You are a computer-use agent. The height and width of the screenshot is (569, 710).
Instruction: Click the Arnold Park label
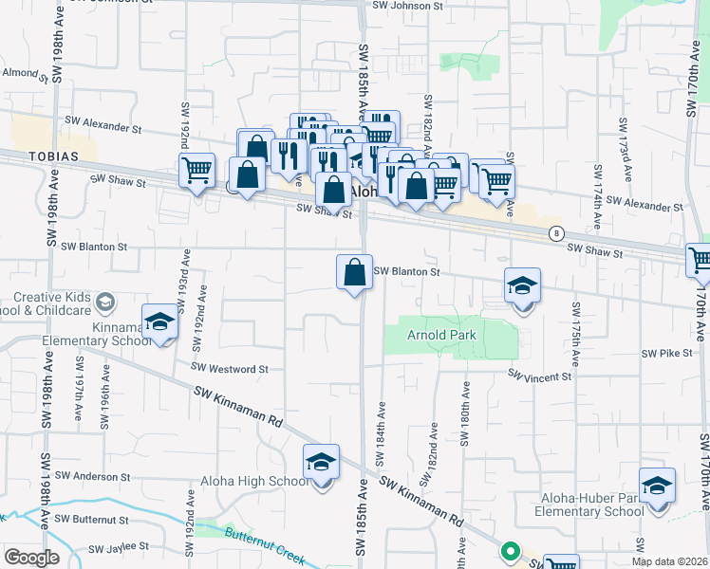[441, 335]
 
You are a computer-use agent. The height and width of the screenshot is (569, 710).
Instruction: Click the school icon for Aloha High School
[322, 463]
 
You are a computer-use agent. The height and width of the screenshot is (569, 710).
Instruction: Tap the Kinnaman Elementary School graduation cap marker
[159, 322]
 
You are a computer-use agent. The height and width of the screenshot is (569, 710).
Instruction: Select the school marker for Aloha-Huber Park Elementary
[657, 486]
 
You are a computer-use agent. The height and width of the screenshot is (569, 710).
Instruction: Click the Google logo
[31, 558]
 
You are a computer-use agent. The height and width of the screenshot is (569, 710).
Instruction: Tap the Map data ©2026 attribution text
[671, 562]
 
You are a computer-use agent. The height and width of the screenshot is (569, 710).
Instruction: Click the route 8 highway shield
[555, 233]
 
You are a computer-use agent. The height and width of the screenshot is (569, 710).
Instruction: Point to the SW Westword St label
[230, 368]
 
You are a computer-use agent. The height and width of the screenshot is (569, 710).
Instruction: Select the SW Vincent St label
[539, 376]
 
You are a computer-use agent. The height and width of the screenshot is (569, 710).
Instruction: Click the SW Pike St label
[663, 353]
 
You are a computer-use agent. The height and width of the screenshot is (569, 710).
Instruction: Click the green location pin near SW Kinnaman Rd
[510, 550]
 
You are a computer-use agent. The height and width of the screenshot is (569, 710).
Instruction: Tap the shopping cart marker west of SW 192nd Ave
[196, 172]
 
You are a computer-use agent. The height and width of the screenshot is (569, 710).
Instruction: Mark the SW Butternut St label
[91, 520]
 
